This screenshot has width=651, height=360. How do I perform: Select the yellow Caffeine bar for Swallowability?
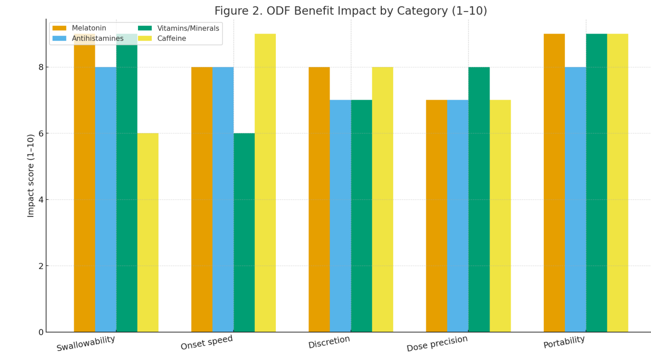coord(148,232)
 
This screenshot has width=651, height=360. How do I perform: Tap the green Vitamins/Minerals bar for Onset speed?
coord(244,232)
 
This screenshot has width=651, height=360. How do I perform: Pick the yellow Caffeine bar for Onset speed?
coord(265,183)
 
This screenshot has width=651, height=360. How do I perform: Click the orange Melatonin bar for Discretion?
coord(319,199)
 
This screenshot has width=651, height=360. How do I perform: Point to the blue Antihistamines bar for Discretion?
coord(340,216)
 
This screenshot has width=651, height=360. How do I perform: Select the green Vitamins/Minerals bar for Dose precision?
coord(479,199)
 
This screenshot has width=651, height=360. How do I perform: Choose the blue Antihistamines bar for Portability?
coord(575,199)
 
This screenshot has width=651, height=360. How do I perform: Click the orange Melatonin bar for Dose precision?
coord(436,216)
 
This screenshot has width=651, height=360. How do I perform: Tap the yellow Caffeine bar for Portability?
coord(617,183)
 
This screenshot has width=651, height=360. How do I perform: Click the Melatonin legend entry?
coord(80,28)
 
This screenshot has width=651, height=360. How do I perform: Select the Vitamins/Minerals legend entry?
coord(179,28)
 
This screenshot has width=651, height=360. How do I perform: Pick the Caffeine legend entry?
coord(162,38)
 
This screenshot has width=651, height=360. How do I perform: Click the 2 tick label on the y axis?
coord(41,266)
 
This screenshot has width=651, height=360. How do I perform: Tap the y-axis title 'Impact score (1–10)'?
coord(31,175)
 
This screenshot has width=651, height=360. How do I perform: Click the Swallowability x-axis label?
coord(86,343)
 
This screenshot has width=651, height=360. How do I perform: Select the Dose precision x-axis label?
coord(437,343)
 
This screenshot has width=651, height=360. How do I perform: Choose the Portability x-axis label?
coord(564,342)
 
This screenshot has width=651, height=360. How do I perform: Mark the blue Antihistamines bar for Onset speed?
coord(223,199)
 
